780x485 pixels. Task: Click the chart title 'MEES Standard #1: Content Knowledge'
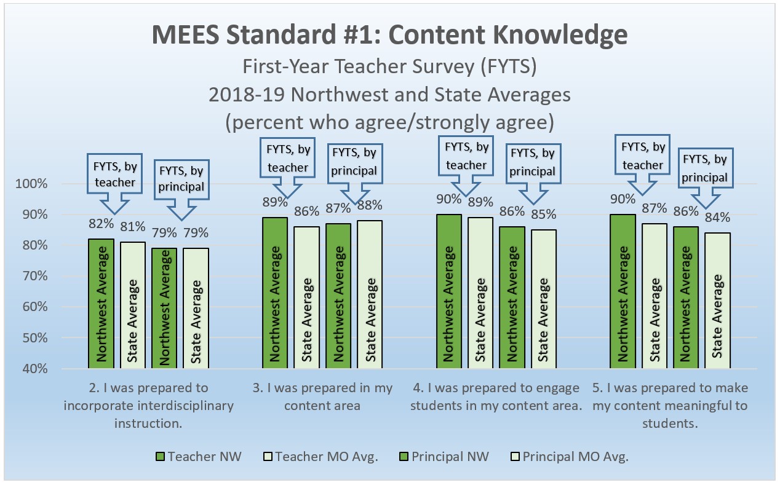tap(390, 36)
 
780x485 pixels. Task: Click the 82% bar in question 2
tap(101, 304)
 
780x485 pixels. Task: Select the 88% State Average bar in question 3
tap(371, 294)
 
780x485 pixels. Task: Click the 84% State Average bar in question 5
tap(718, 301)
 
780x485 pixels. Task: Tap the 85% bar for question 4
tap(544, 299)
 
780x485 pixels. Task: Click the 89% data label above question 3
tap(275, 202)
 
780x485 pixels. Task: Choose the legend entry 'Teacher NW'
tap(198, 456)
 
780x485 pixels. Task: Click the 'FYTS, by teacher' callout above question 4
tap(466, 156)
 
